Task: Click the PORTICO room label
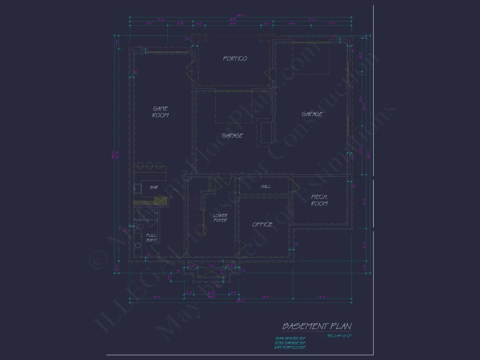(x=235, y=58)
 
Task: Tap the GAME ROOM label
(x=160, y=112)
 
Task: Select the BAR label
(x=154, y=188)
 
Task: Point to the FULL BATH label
(x=151, y=238)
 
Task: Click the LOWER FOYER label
(x=220, y=218)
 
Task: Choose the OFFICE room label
(x=262, y=225)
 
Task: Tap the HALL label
(x=266, y=186)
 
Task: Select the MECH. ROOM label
(x=319, y=200)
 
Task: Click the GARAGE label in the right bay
(x=312, y=114)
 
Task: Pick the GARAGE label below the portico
(x=232, y=136)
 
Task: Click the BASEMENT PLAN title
(x=317, y=326)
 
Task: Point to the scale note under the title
(x=339, y=336)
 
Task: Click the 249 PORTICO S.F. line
(x=290, y=347)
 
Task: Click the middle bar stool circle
(x=150, y=165)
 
